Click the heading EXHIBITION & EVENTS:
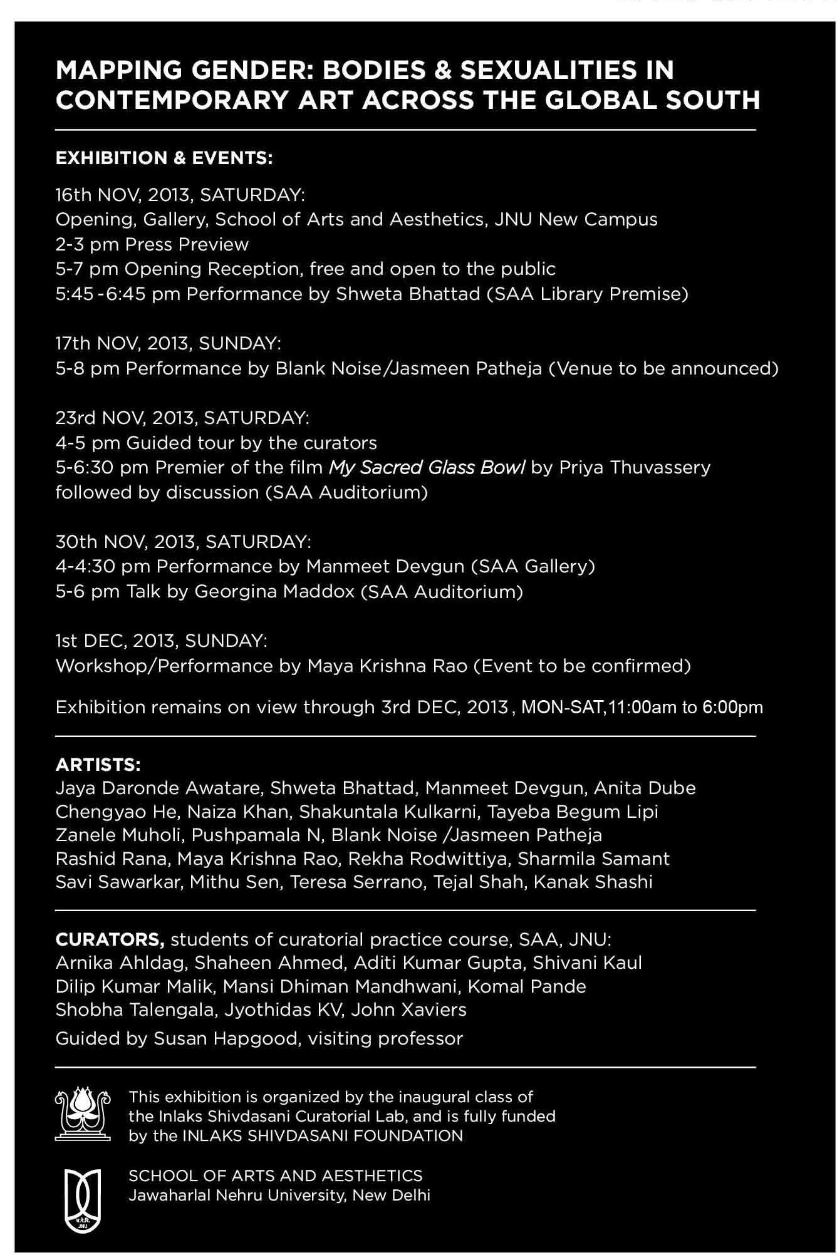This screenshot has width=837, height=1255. (164, 158)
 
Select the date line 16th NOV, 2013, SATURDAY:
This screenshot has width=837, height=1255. (180, 195)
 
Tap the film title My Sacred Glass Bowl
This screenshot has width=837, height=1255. (427, 467)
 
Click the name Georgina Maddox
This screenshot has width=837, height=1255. (275, 591)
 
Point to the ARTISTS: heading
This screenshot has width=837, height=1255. (98, 765)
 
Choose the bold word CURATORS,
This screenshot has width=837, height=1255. (110, 939)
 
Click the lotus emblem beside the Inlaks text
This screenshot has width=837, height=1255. (83, 1115)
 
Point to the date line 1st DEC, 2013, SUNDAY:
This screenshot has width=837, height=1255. (162, 641)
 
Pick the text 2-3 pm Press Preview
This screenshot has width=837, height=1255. (152, 244)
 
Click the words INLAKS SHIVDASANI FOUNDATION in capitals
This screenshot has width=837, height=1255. (322, 1135)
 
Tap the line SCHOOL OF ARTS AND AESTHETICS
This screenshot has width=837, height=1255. (276, 1175)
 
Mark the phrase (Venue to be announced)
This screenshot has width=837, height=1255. (663, 368)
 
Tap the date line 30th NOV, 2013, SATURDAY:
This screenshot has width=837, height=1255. (183, 542)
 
